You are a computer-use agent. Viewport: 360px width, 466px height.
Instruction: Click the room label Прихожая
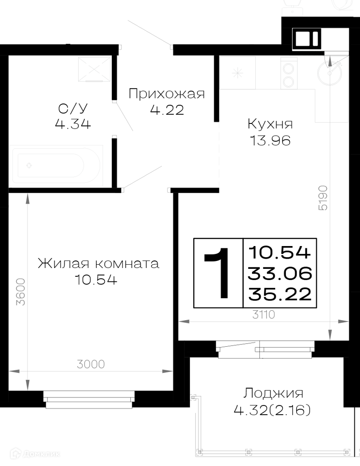[x=167, y=94]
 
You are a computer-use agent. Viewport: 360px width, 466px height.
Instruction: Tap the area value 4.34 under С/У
[x=73, y=124]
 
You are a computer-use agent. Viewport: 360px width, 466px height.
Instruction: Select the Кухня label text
[x=270, y=124]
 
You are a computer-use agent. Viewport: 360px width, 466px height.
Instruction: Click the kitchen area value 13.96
[x=270, y=141]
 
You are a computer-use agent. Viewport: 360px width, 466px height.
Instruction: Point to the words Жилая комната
[x=98, y=263]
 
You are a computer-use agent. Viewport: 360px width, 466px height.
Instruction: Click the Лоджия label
[x=273, y=393]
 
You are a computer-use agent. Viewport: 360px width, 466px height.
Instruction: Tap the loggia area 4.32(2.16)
[x=272, y=411]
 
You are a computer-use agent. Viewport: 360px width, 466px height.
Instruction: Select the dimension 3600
[x=21, y=292]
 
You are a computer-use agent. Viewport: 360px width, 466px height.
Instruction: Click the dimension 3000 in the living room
[x=91, y=364]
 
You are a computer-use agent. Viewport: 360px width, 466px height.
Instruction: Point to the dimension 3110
[x=264, y=314]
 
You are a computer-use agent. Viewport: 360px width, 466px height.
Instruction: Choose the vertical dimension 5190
[x=323, y=198]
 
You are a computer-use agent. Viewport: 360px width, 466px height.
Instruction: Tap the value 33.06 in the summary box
[x=280, y=274]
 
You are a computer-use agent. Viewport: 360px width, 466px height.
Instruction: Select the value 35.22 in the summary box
[x=280, y=294]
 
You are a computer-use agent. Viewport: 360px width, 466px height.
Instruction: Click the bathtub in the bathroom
[x=56, y=165]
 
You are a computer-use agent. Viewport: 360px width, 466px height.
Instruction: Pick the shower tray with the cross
[x=94, y=69]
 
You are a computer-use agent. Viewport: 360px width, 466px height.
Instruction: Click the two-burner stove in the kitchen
[x=289, y=73]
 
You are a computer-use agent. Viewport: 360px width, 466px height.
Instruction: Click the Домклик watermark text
[x=35, y=454]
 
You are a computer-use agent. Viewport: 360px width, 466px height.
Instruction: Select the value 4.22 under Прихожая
[x=167, y=110]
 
